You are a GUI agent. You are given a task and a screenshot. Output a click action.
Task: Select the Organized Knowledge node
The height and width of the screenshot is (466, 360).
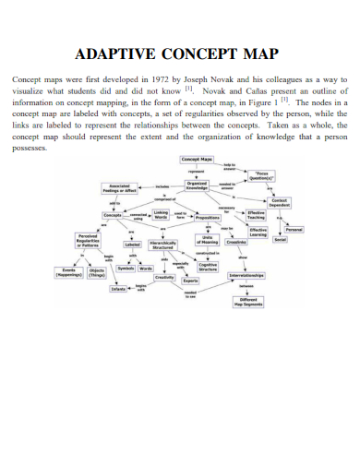(x=198, y=184)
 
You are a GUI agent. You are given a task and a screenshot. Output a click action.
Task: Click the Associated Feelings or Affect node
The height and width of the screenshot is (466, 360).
(x=120, y=188)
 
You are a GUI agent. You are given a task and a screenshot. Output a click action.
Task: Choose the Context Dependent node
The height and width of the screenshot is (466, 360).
(x=282, y=202)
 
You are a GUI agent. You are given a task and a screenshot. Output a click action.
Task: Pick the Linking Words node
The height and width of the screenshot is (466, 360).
(x=161, y=215)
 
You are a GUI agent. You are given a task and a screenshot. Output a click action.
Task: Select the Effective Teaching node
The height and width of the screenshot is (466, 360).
(x=257, y=214)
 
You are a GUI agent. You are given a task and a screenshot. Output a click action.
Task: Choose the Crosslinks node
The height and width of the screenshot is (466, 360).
(x=235, y=242)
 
